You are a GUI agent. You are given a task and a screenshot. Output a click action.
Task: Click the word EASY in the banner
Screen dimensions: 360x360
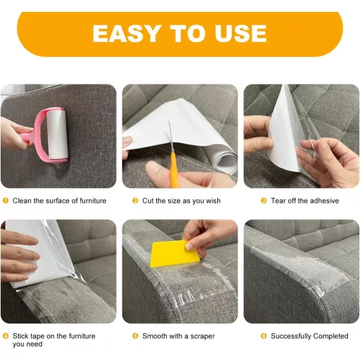coord(124,33)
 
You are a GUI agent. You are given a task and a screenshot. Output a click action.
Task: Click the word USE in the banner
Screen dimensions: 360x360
coord(238,33)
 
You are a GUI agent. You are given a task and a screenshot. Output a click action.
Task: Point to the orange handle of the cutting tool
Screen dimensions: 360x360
coord(172,169)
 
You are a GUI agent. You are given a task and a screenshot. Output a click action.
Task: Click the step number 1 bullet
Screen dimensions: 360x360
coord(6,201)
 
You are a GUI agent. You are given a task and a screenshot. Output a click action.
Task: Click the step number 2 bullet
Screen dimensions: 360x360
coord(135,201)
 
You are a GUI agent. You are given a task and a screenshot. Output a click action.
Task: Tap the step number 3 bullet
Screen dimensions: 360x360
coord(263,201)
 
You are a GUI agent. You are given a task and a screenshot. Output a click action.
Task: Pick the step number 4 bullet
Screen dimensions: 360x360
coord(6,336)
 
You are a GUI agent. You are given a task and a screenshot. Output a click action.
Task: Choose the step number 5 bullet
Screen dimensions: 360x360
coord(135,336)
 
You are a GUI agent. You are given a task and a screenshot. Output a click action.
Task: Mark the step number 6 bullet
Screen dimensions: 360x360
coord(263,336)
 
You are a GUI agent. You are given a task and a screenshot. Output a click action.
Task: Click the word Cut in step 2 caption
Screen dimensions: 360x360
coord(148,201)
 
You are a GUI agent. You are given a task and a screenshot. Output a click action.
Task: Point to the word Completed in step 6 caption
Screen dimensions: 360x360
coord(329,336)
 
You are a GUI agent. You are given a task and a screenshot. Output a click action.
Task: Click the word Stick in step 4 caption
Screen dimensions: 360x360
coord(21,336)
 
